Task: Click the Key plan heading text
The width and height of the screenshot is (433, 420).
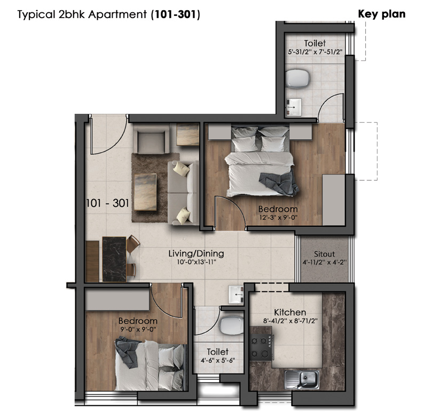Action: (x=382, y=14)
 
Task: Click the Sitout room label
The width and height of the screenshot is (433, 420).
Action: (x=324, y=254)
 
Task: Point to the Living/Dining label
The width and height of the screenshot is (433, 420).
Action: (x=196, y=253)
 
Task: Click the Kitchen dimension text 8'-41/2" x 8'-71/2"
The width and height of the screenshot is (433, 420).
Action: (x=290, y=321)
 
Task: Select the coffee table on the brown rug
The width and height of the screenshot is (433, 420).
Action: (x=145, y=192)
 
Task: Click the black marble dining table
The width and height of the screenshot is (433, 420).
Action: (x=114, y=259)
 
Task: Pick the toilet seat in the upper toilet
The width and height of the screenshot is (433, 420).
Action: (x=297, y=78)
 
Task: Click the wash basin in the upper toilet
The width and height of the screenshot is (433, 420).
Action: (x=294, y=107)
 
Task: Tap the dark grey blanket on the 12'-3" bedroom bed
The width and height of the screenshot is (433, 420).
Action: (x=279, y=183)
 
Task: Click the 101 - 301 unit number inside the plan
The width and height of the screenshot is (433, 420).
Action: (x=107, y=203)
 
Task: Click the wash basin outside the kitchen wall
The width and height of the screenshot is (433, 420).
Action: (x=236, y=295)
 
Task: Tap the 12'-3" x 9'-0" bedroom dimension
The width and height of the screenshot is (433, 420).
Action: (x=278, y=217)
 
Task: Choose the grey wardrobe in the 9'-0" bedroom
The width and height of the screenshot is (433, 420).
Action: (x=117, y=299)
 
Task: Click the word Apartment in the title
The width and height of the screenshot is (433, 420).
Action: (x=117, y=14)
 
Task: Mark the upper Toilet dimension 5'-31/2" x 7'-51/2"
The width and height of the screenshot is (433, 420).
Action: (x=315, y=52)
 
